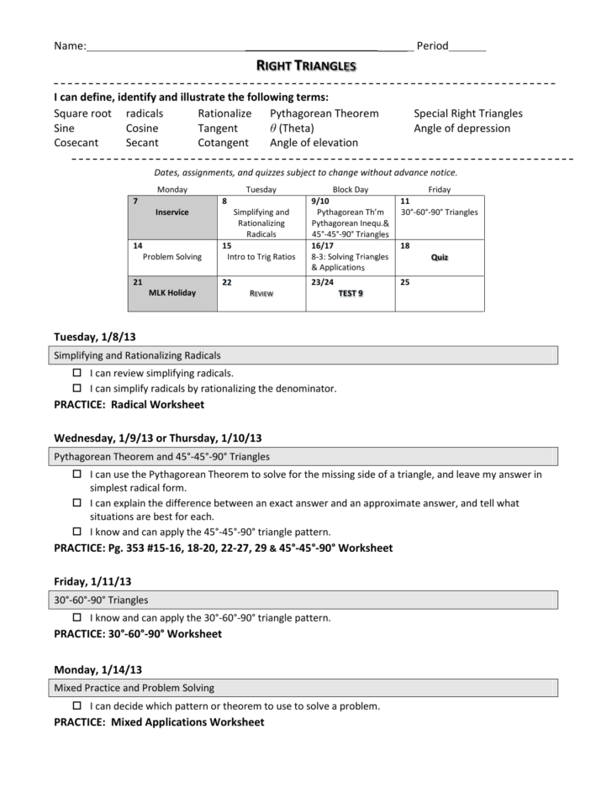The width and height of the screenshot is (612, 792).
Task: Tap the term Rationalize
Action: click(x=224, y=113)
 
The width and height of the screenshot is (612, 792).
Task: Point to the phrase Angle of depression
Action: click(x=462, y=129)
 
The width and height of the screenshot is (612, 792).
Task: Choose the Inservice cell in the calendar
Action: click(x=171, y=212)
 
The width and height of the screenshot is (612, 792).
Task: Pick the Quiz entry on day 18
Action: click(x=439, y=257)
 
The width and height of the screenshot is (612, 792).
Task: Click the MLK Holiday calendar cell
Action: click(x=171, y=293)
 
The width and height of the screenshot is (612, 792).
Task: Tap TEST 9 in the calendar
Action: click(x=351, y=293)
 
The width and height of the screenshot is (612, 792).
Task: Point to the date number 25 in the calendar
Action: click(x=405, y=282)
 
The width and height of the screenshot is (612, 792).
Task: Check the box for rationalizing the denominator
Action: click(x=76, y=388)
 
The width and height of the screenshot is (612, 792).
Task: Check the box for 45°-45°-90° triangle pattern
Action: click(x=76, y=532)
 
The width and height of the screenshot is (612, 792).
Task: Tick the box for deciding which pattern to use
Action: click(x=76, y=706)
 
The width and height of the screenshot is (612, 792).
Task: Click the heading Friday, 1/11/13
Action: click(x=92, y=581)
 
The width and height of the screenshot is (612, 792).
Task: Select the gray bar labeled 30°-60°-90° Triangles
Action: click(x=305, y=600)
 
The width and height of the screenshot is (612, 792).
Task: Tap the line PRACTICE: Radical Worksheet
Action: click(x=129, y=404)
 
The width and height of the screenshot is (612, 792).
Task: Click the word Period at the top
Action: click(x=432, y=45)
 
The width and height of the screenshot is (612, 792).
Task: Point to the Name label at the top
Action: click(x=69, y=45)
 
